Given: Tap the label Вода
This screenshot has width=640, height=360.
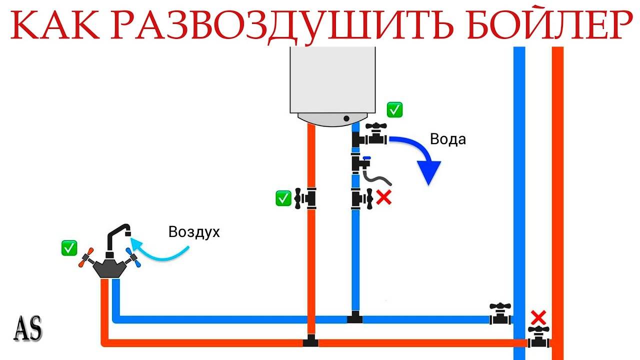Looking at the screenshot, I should pos(447,139).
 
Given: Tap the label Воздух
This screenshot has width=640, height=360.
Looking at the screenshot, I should pos(194,232).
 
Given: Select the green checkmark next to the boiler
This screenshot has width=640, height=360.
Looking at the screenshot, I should pos(395,110).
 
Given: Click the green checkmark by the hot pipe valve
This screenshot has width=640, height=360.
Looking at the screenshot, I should pos(283,198).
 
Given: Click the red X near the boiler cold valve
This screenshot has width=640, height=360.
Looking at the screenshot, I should pos(383,198).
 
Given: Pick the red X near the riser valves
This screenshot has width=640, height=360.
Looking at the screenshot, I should pos(538,317).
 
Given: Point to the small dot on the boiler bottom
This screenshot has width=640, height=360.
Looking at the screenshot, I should pos(345,118).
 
